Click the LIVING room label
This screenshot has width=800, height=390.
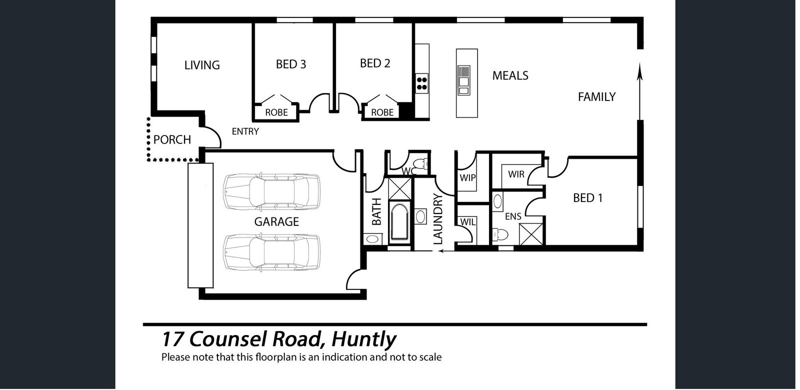tap(202, 65)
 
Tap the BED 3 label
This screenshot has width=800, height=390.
tap(290, 64)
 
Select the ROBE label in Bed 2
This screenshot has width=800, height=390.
tap(382, 112)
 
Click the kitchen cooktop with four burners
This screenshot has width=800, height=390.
tap(422, 83)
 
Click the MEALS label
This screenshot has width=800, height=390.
tap(510, 75)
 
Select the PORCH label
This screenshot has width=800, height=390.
tap(172, 139)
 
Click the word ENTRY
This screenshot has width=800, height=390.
tap(245, 131)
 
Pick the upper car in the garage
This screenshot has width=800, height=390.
tap(271, 191)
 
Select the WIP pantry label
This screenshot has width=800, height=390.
tap(467, 177)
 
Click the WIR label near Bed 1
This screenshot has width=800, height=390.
tap(516, 174)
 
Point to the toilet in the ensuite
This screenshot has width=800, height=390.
tap(500, 235)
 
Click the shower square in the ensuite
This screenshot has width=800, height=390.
tap(530, 234)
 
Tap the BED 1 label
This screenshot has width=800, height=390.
tap(588, 198)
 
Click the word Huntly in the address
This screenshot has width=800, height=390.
tap(364, 339)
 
